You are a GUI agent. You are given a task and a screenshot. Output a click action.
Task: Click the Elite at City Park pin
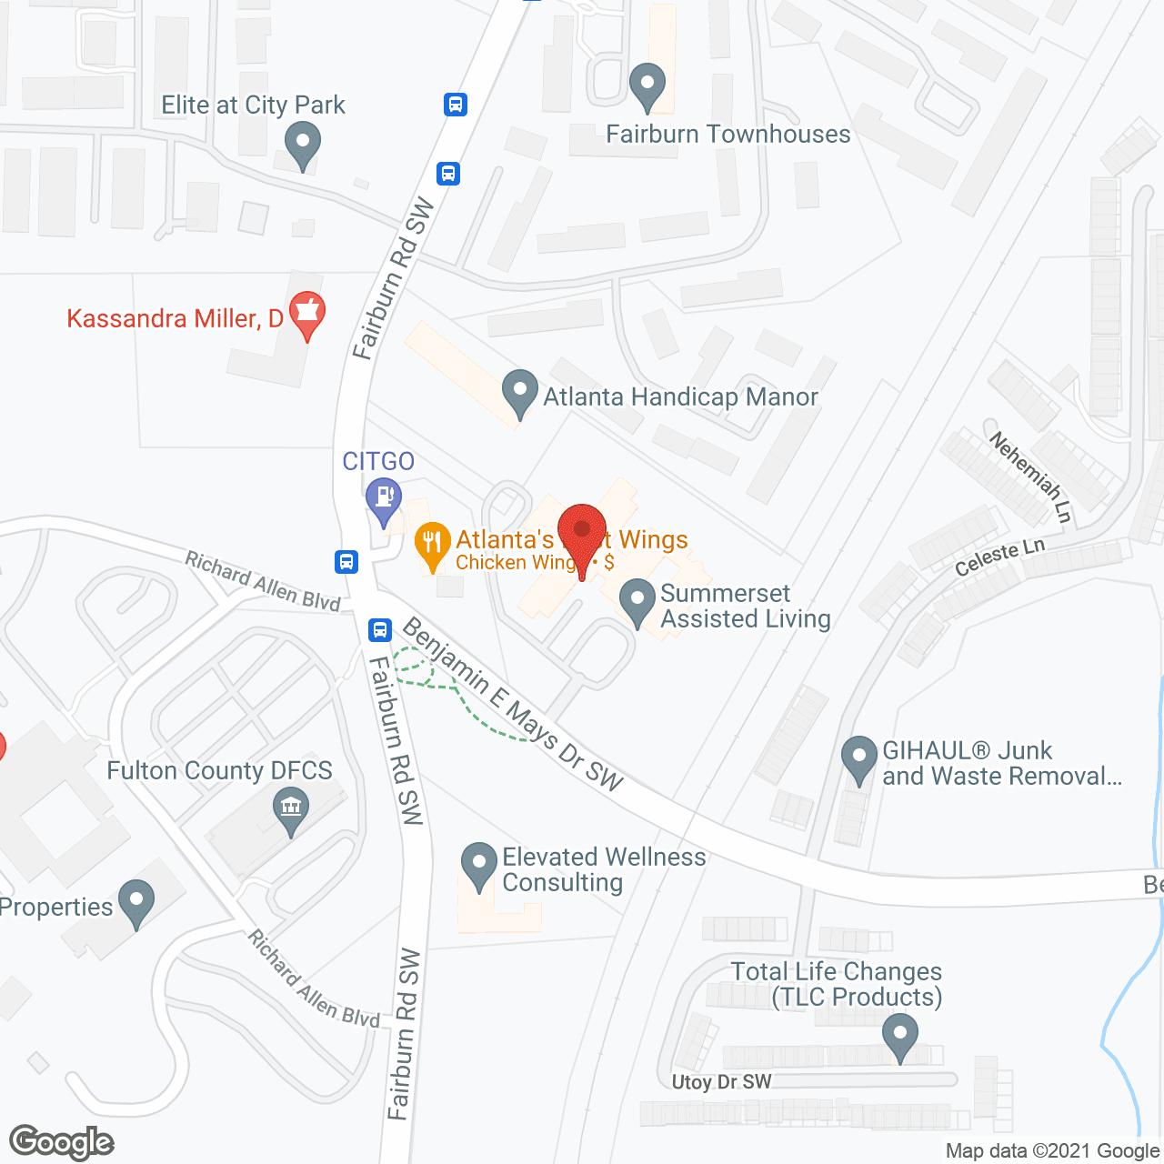pyautogui.click(x=302, y=145)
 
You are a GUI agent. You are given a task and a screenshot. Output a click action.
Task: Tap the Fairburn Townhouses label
pyautogui.click(x=727, y=135)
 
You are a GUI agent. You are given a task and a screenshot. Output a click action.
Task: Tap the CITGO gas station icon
pyautogui.click(x=383, y=498)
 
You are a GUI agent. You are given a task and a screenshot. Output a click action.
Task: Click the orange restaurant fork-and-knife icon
pyautogui.click(x=432, y=544)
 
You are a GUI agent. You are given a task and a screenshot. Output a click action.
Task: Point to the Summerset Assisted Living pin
pyautogui.click(x=637, y=601)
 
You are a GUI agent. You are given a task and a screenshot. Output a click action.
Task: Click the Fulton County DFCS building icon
pyautogui.click(x=291, y=808)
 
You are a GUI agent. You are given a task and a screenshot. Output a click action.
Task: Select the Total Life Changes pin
pyautogui.click(x=899, y=1036)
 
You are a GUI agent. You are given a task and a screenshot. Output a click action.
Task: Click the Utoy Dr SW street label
pyautogui.click(x=721, y=1082)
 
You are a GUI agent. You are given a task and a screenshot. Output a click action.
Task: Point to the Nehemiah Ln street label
pyautogui.click(x=1031, y=477)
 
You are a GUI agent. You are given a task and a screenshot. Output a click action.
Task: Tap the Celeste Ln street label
pyautogui.click(x=999, y=557)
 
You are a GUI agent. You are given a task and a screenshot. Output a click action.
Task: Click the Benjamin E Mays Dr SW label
pyautogui.click(x=513, y=704)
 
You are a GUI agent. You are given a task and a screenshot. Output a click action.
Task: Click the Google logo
pyautogui.click(x=61, y=1142)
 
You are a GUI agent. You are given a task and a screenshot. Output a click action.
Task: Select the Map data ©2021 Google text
pyautogui.click(x=1053, y=1151)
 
